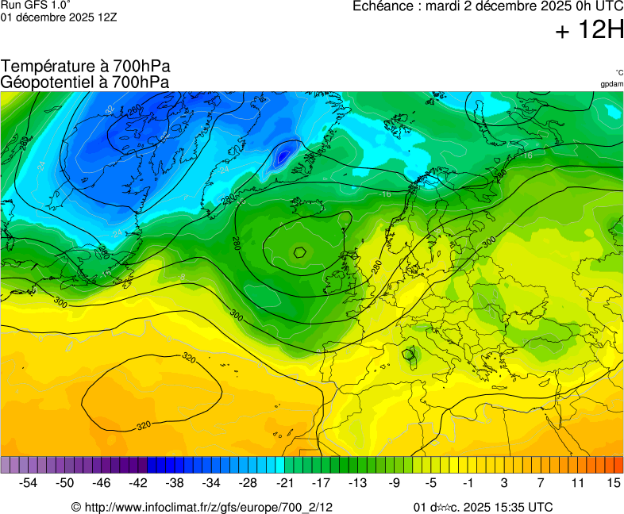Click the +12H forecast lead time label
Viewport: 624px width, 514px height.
tap(589, 31)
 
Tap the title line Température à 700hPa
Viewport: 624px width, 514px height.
tap(86, 67)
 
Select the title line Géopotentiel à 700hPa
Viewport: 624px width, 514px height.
tap(85, 82)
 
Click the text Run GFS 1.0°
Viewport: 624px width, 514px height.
tap(36, 5)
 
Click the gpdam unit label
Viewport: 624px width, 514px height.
tap(611, 83)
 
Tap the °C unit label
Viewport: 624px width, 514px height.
tap(618, 72)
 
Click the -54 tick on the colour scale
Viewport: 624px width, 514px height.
tap(29, 482)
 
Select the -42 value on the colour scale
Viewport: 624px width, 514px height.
tap(138, 482)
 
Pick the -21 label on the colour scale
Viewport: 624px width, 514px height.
tap(284, 482)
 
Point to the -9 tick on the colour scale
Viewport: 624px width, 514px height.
tap(395, 482)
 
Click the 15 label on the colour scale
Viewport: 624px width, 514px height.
tap(614, 482)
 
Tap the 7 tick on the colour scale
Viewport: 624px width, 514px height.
tap(541, 482)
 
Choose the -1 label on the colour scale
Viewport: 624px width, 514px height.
tap(468, 482)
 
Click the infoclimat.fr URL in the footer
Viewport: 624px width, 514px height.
tap(208, 507)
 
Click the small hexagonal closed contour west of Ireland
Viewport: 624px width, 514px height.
tap(300, 252)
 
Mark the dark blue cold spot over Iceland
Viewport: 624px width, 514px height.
tap(282, 156)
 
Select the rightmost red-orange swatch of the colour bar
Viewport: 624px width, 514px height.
tap(618, 465)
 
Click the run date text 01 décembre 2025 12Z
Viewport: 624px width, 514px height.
tap(59, 17)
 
